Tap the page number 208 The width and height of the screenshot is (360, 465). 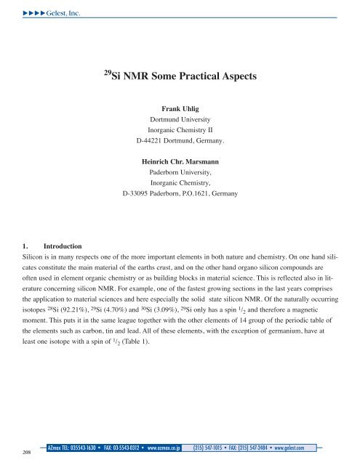coord(17,452)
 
